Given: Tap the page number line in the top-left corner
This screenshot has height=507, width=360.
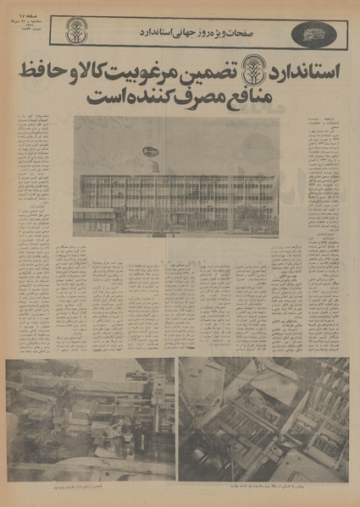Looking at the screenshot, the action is tap(30, 18).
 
